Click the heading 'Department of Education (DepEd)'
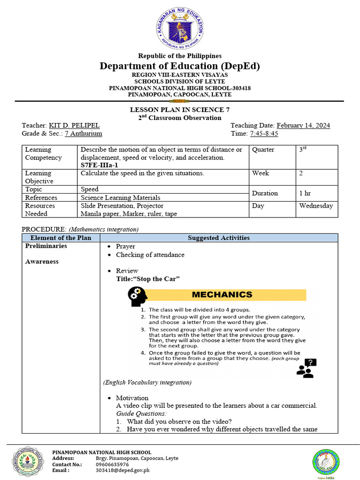pyautogui.click(x=180, y=66)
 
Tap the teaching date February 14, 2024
pyautogui.click(x=303, y=126)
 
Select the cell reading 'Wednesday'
pyautogui.click(x=316, y=206)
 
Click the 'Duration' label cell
pyautogui.click(x=265, y=193)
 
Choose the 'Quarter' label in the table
pyautogui.click(x=263, y=150)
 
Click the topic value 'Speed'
pyautogui.click(x=90, y=189)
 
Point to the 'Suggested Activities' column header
pyautogui.click(x=218, y=238)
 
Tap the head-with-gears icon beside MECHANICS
pyautogui.click(x=137, y=296)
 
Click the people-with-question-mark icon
pyautogui.click(x=307, y=368)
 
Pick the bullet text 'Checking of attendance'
pyautogui.click(x=150, y=255)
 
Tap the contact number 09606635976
pyautogui.click(x=112, y=464)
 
